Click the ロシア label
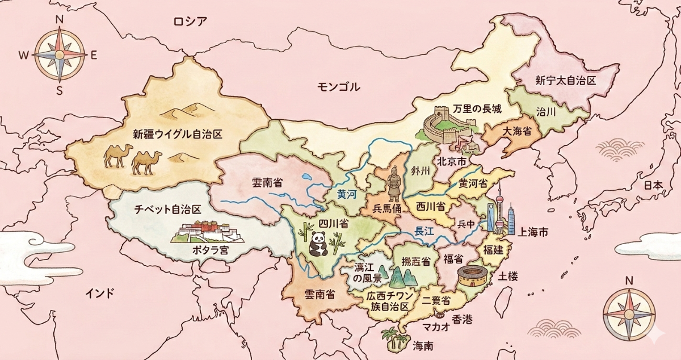tap(191, 22)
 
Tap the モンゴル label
tap(339, 87)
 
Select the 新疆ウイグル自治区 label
tap(176, 135)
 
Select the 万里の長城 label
tap(477, 108)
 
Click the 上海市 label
tap(533, 232)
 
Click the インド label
tap(100, 293)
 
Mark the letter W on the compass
tap(24, 55)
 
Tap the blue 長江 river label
tap(424, 231)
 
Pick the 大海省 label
tap(516, 132)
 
